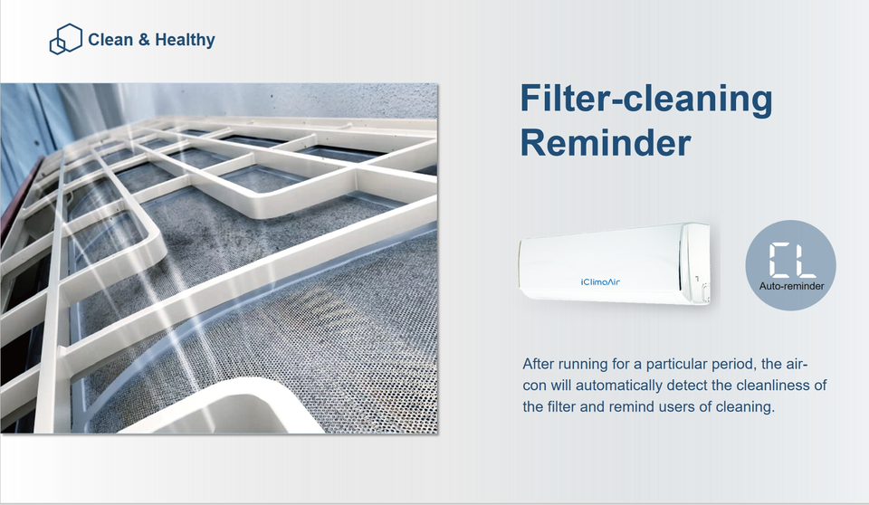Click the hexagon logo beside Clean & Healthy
pos(65,39)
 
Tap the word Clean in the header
pos(110,40)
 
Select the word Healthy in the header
pos(185,40)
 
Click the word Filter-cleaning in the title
pos(645,98)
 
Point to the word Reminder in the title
pos(606,142)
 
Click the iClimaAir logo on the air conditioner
pos(600,282)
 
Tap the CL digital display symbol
pos(792,260)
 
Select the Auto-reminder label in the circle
pos(791,286)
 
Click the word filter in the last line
pos(561,407)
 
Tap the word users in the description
pos(675,407)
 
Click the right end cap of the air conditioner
pos(696,262)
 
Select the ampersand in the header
pos(144,40)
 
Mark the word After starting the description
pos(538,364)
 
